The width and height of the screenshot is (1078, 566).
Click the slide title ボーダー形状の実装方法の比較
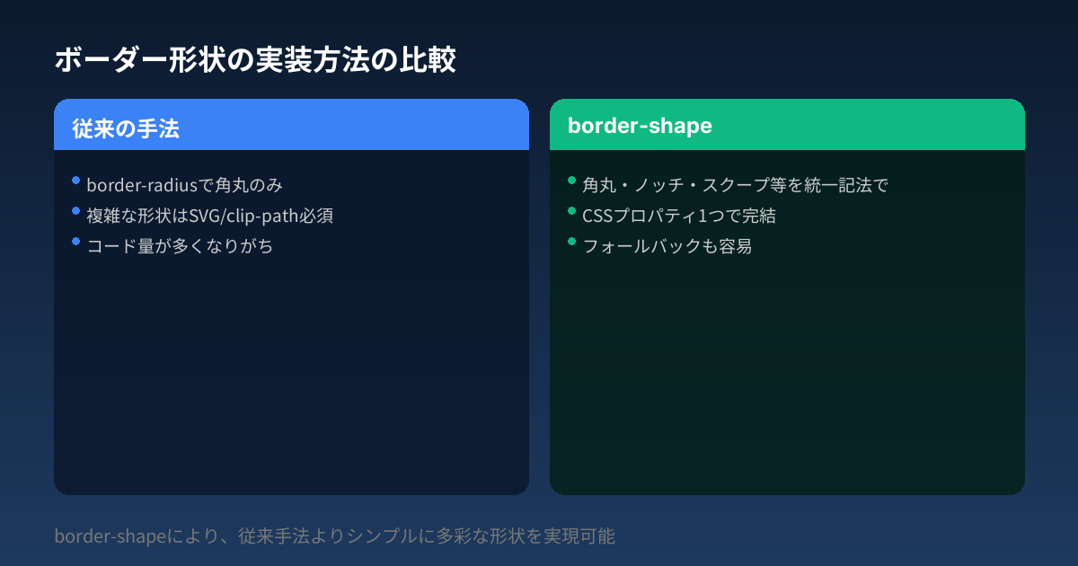click(255, 60)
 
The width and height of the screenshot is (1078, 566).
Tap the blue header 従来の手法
click(126, 128)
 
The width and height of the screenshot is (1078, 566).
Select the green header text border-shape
click(640, 126)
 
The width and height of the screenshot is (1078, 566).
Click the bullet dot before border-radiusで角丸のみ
click(76, 181)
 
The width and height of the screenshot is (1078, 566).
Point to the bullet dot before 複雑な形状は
click(76, 211)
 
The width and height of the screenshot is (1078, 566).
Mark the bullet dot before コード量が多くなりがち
click(76, 242)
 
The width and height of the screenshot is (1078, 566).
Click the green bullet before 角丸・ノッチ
click(571, 181)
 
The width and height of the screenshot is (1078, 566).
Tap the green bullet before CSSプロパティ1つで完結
click(571, 211)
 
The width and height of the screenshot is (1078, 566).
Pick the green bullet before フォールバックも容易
click(571, 242)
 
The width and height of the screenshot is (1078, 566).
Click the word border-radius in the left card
click(138, 186)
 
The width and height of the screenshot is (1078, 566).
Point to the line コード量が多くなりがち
click(180, 247)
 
